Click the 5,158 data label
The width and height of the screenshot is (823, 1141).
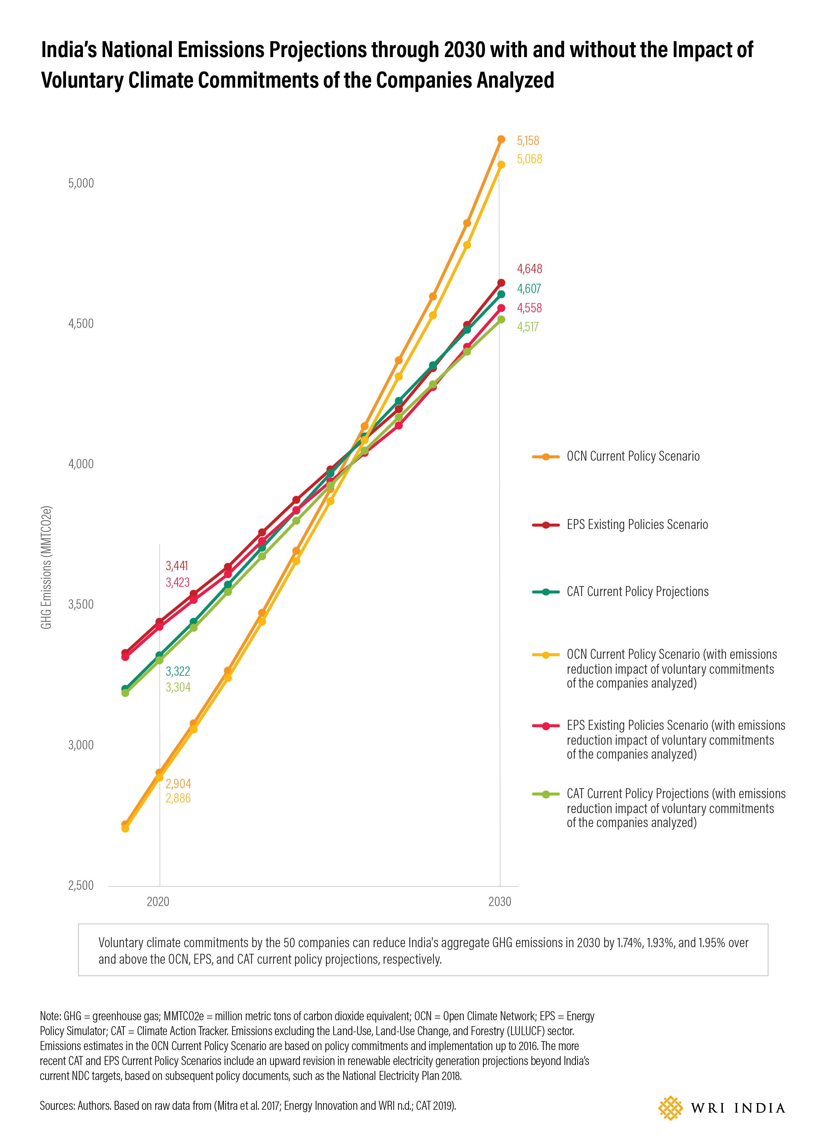(x=527, y=141)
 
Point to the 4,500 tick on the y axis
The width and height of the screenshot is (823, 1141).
(x=81, y=324)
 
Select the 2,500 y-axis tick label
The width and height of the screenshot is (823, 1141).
(x=81, y=885)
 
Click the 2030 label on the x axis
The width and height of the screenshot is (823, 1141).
(x=499, y=901)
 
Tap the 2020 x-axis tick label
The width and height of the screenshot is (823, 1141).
(x=158, y=901)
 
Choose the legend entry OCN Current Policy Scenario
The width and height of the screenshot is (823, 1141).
(x=633, y=456)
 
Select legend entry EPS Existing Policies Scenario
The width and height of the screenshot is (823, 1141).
(x=637, y=525)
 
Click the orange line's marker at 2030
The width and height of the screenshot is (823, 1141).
(x=501, y=139)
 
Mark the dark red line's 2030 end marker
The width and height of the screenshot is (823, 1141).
(x=501, y=283)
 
